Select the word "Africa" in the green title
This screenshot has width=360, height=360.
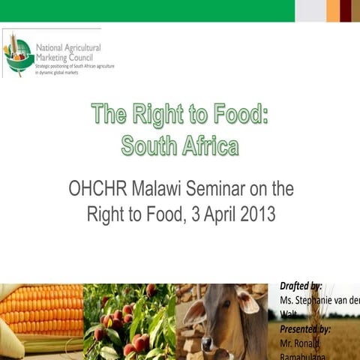coord(211,145)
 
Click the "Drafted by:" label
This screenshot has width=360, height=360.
coord(301,286)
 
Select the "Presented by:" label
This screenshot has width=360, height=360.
coord(305,328)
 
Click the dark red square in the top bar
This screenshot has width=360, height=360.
coord(346,10)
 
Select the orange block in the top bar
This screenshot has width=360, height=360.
coord(332,10)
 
